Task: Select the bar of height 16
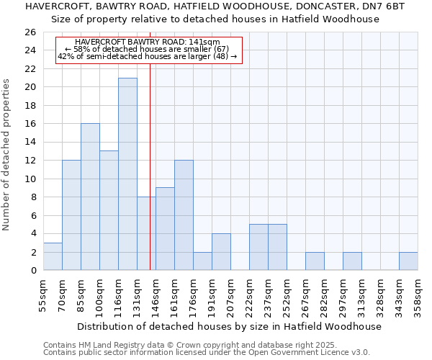click(90, 197)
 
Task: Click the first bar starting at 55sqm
click(53, 256)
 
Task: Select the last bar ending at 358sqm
click(408, 261)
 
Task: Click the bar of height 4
click(221, 252)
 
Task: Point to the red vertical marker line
click(150, 166)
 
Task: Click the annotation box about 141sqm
click(148, 50)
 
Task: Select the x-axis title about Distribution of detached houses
click(229, 326)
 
